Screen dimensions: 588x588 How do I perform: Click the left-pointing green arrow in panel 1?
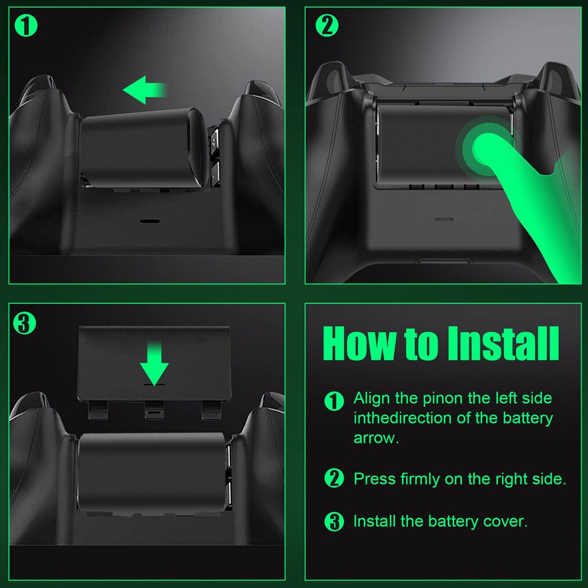pos(144,89)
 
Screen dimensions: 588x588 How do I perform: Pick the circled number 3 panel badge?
pos(25,323)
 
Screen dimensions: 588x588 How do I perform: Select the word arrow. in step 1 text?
pos(376,438)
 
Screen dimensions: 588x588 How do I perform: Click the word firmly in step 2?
pos(421,479)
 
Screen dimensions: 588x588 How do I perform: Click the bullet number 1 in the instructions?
pos(334,402)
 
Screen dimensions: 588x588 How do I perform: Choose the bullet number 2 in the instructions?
pos(334,479)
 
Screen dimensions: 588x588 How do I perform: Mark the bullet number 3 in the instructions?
pos(334,522)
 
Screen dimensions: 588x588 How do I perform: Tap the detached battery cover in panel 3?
pos(154,365)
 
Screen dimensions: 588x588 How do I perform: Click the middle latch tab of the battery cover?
pos(154,412)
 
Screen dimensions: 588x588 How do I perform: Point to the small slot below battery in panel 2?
pos(443,218)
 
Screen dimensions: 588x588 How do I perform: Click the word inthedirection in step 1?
pos(402,418)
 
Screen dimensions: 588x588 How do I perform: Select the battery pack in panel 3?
pos(152,470)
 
